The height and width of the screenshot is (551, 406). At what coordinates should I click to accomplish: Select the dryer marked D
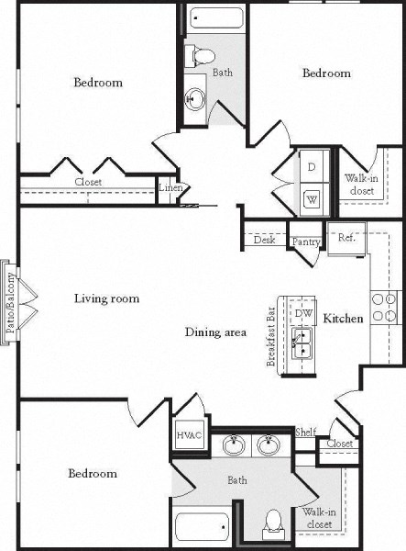click(312, 167)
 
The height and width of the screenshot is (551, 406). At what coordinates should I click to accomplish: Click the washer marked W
click(312, 198)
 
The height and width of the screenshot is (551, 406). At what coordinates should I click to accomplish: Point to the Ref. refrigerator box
click(347, 237)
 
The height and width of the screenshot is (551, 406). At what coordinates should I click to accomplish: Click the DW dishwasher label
click(303, 313)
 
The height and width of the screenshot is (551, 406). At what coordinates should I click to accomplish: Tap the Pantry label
click(305, 242)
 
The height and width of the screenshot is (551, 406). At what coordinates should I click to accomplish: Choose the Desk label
click(266, 241)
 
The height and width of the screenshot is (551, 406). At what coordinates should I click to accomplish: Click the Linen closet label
click(170, 189)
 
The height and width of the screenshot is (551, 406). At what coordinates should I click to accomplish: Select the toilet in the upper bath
click(196, 53)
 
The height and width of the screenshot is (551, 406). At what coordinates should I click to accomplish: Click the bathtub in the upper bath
click(216, 18)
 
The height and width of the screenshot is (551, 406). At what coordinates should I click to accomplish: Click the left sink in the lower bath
click(233, 447)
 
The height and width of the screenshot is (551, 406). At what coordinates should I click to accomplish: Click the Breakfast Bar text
click(271, 335)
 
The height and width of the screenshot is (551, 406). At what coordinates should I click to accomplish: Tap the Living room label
click(106, 298)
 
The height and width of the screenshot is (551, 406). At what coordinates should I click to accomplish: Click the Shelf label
click(305, 433)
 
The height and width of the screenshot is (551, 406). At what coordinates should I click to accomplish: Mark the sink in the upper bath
click(194, 98)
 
